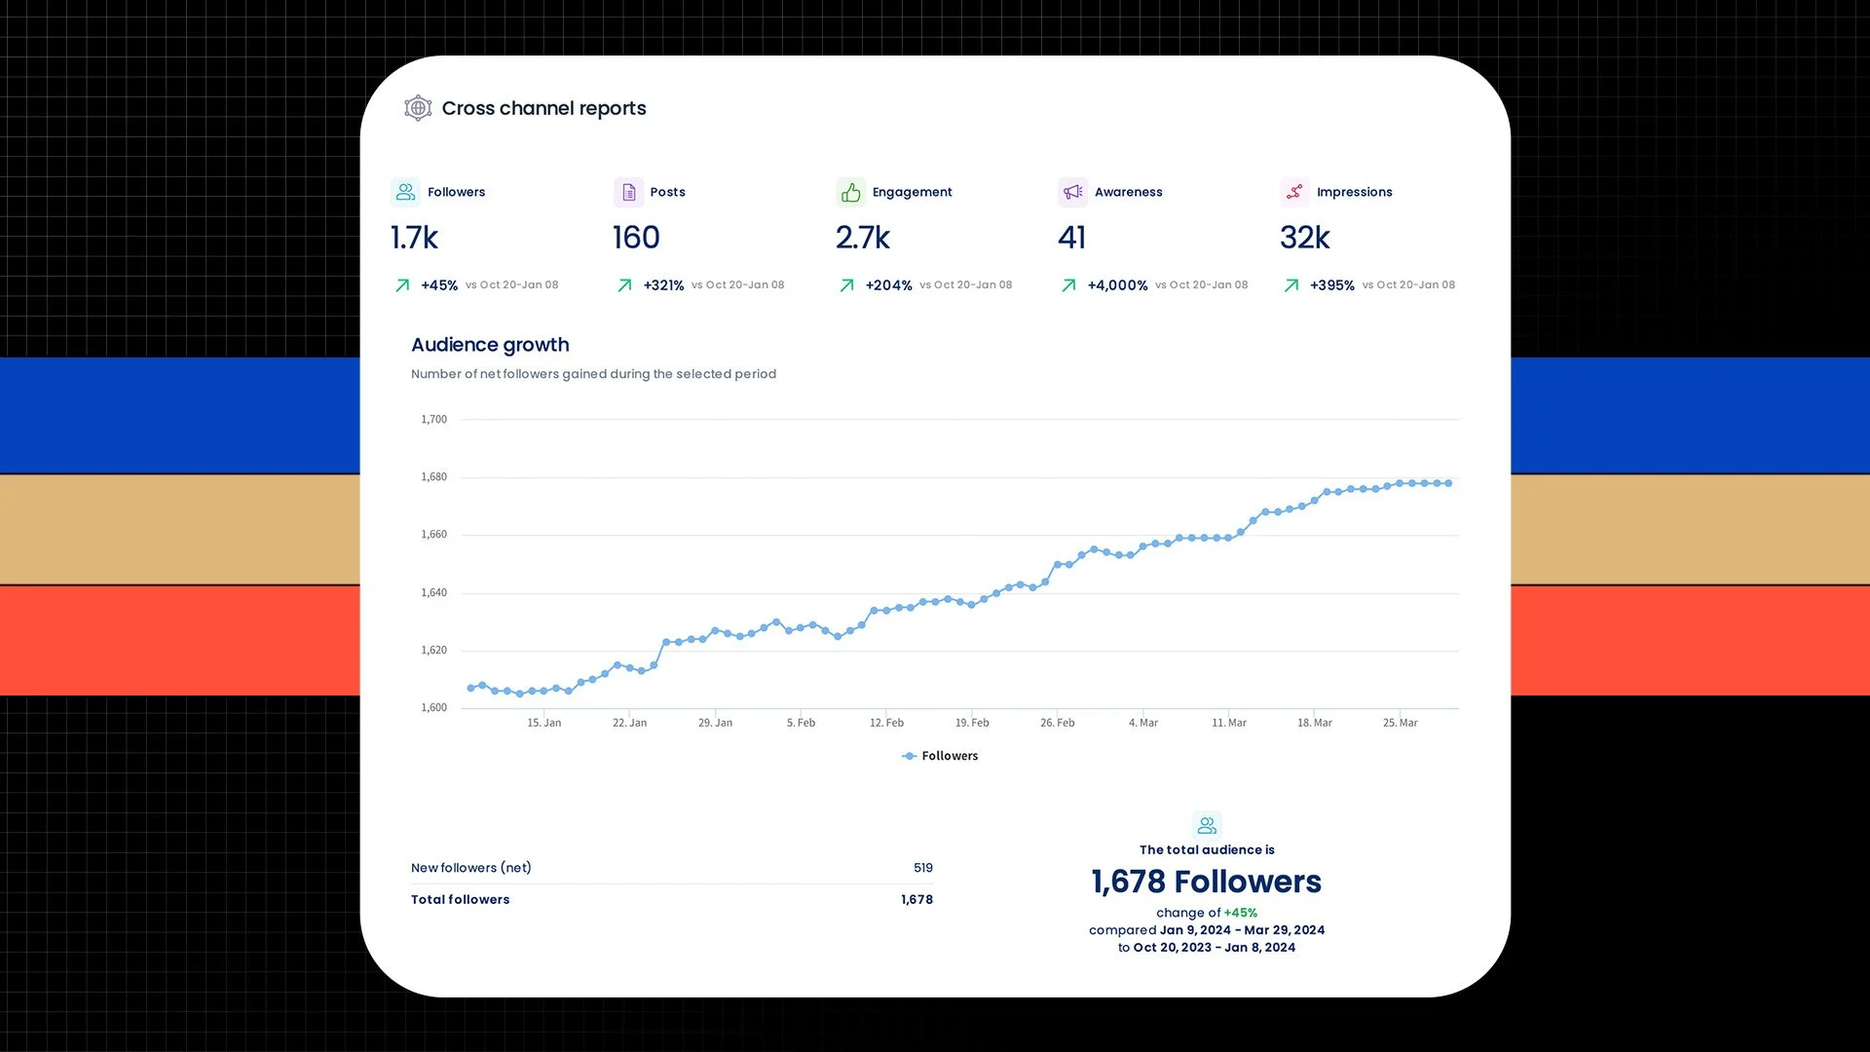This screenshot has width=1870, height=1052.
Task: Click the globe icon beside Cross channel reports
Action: [418, 108]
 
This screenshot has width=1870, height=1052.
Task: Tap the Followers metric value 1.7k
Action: [415, 238]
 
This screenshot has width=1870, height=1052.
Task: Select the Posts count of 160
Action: [636, 238]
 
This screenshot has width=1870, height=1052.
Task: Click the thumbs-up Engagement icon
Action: [850, 192]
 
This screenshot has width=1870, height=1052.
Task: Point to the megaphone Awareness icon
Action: [1072, 192]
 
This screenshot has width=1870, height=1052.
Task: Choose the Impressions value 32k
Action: [1304, 238]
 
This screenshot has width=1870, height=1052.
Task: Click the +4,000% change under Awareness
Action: [1117, 285]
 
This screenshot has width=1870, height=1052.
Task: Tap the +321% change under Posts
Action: [663, 285]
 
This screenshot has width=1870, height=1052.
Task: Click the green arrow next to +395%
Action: [1291, 285]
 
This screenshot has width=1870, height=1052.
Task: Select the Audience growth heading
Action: [490, 345]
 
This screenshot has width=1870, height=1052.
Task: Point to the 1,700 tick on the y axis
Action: [434, 420]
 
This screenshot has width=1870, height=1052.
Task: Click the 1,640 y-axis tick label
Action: [434, 592]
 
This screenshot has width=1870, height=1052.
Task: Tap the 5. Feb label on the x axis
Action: [801, 723]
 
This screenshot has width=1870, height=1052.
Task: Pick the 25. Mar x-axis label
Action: [1400, 723]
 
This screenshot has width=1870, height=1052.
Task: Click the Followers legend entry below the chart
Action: [941, 756]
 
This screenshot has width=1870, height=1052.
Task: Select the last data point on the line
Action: [1449, 483]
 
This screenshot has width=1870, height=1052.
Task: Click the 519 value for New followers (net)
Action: [923, 868]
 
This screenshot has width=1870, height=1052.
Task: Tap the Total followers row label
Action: [460, 900]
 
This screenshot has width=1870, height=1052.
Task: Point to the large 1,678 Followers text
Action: [1206, 882]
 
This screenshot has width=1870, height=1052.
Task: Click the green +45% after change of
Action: [1241, 913]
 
